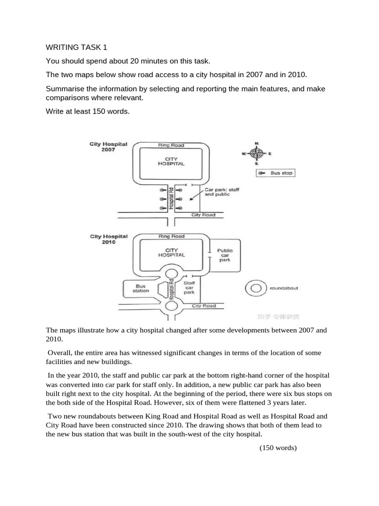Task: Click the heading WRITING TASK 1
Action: click(76, 47)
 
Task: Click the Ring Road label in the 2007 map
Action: click(171, 145)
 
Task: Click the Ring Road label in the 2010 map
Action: click(171, 237)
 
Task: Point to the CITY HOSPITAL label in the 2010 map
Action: click(171, 253)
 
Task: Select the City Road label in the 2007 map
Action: click(203, 215)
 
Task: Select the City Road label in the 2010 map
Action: click(203, 306)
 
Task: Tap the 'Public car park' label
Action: click(225, 255)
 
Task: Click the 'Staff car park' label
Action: click(189, 288)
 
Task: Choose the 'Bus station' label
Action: click(141, 289)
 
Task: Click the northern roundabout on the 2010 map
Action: click(171, 274)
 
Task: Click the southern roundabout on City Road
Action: click(171, 306)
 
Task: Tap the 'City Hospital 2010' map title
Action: click(109, 239)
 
